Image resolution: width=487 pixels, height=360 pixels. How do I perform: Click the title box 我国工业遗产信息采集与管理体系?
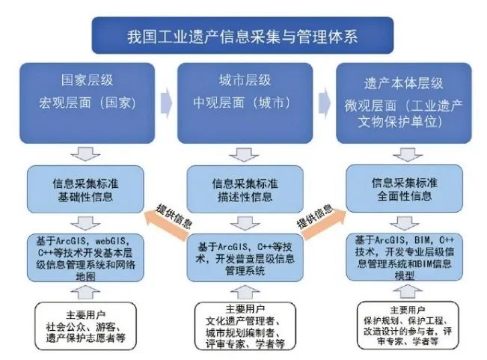242,35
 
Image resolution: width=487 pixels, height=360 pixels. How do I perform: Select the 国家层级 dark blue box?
88,103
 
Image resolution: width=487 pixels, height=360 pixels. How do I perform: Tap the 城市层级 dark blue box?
245,103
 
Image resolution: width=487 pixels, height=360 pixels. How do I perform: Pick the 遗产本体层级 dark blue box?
404,103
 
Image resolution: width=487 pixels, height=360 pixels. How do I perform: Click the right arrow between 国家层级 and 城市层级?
166,103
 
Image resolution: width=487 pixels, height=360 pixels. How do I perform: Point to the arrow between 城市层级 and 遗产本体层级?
325,103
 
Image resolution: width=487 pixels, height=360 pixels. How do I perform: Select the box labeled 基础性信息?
85,189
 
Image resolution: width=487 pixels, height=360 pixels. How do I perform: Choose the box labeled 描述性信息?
245,189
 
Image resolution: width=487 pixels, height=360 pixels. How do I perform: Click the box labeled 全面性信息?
404,188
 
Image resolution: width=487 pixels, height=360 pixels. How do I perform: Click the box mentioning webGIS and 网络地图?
85,257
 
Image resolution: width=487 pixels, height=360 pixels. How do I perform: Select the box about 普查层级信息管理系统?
245,257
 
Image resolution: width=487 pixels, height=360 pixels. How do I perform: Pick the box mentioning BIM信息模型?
404,257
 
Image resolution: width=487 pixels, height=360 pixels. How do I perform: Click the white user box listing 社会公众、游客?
85,326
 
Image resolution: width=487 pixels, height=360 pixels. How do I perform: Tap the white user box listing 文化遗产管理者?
245,326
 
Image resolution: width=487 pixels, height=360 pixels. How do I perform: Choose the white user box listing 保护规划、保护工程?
408,326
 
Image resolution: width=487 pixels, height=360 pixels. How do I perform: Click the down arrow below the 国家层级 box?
85,154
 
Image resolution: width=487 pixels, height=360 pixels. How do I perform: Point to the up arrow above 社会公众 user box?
85,292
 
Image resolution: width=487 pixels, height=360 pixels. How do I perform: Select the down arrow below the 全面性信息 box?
404,223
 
